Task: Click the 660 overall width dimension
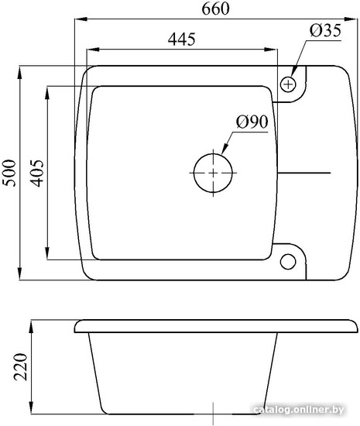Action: point(215,9)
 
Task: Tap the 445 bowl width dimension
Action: point(181,40)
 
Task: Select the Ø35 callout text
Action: point(325,30)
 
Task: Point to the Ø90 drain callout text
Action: point(252,122)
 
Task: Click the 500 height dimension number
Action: point(9,173)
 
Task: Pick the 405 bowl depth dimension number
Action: point(36,173)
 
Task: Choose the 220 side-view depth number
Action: point(21,367)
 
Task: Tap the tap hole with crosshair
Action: point(288,84)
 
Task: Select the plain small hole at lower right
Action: point(288,262)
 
